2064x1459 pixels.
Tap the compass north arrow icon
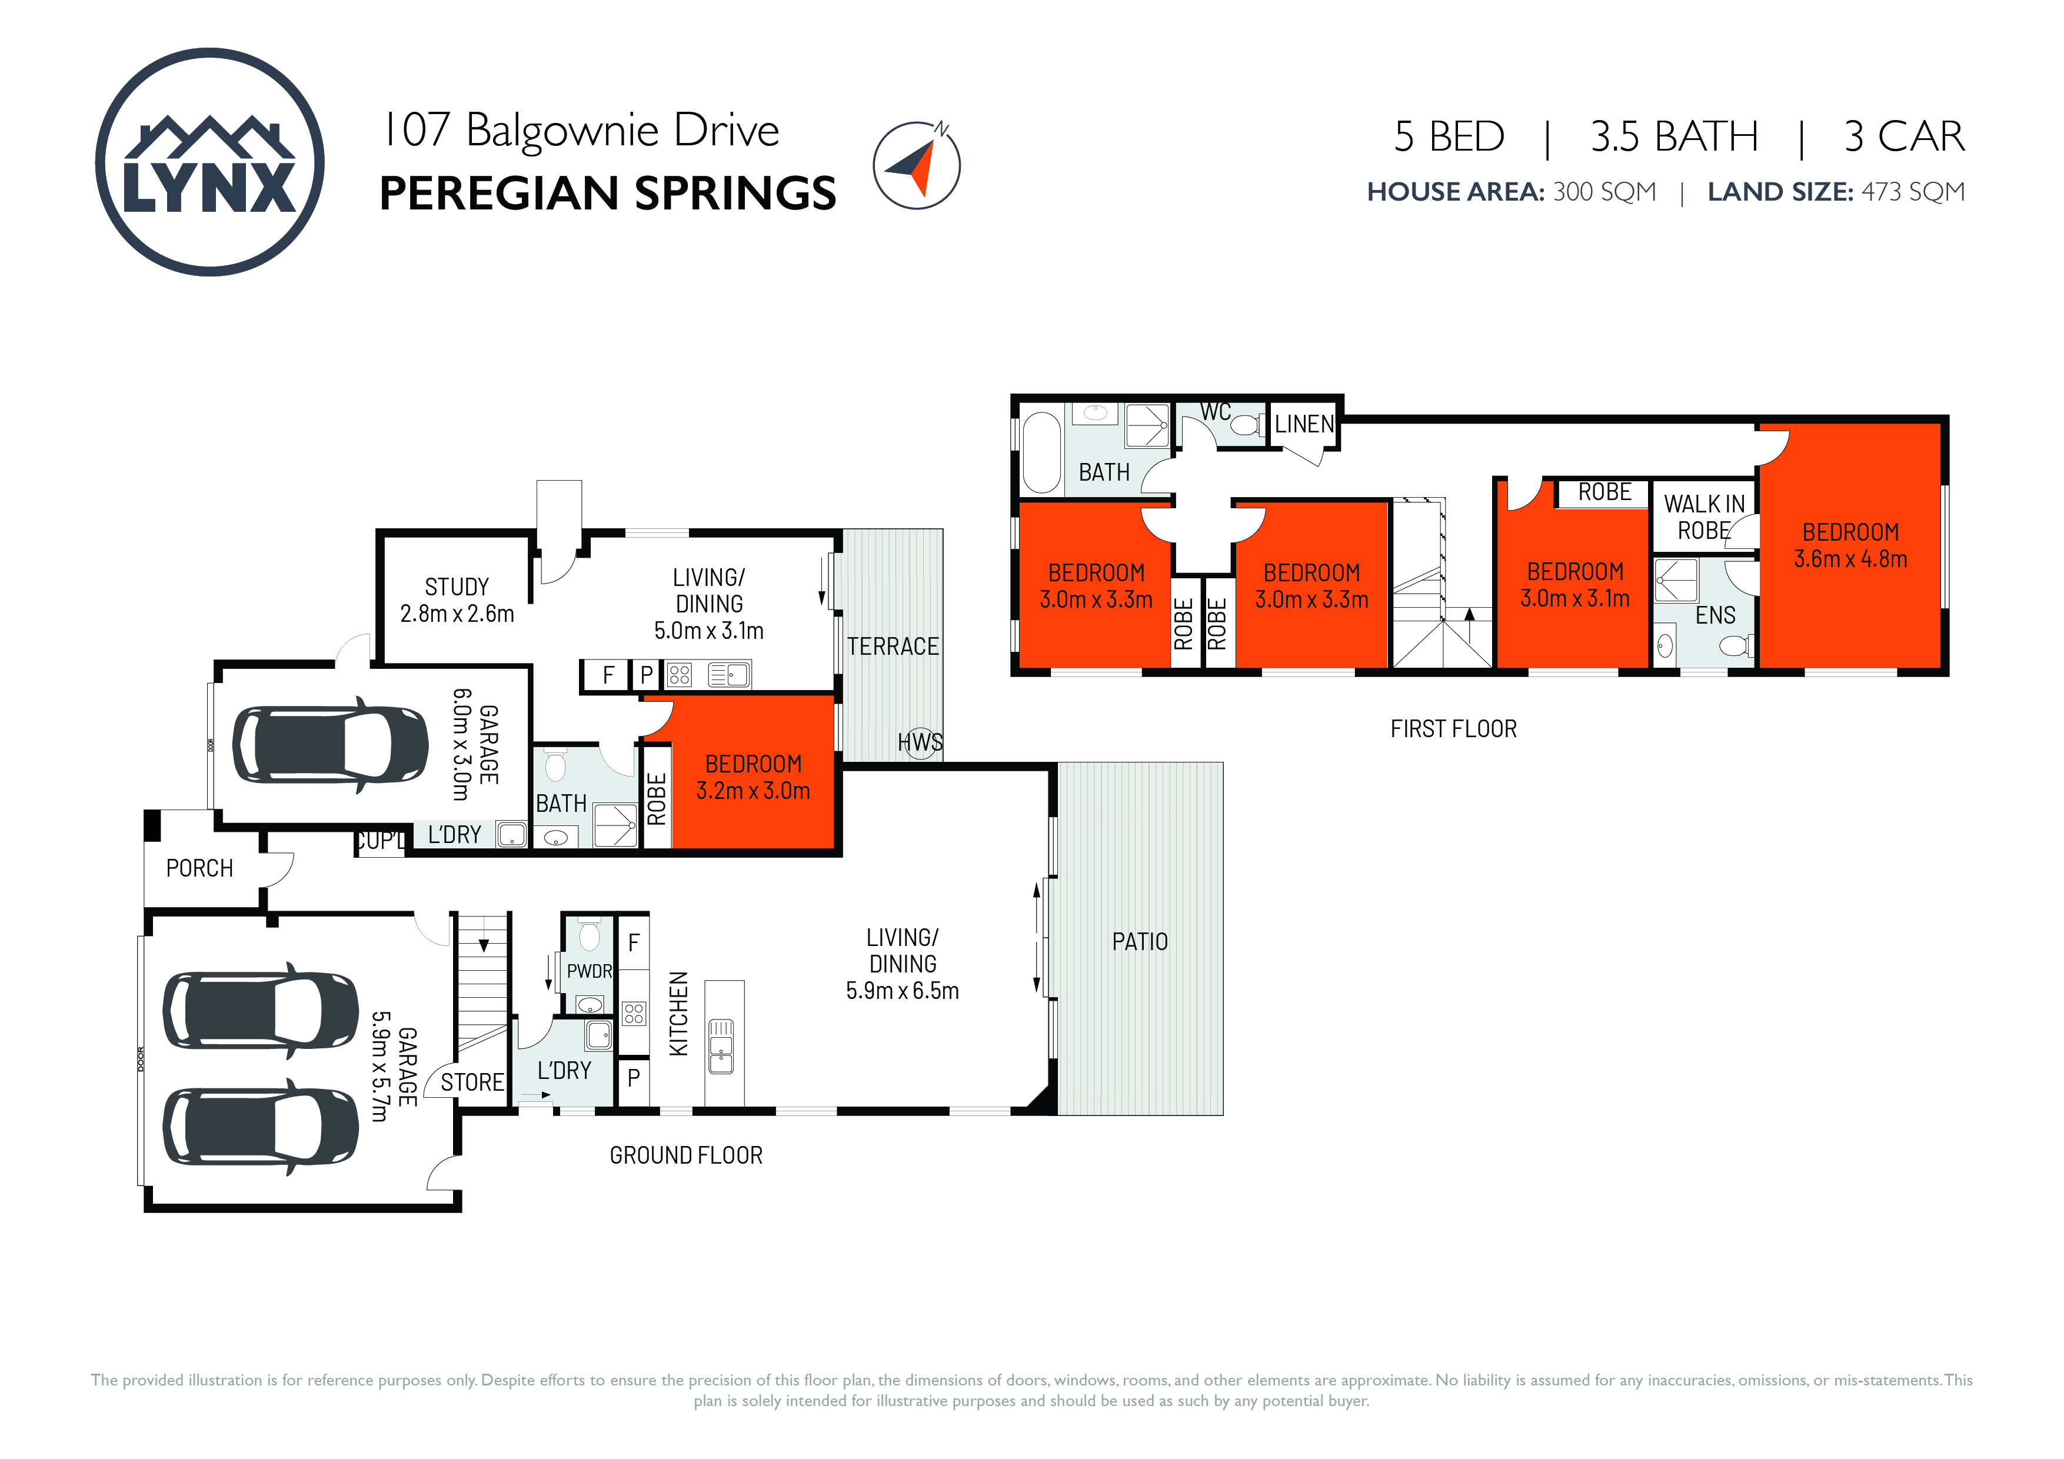pos(917,165)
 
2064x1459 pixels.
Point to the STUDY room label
pos(457,587)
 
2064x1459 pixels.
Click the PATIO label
pos(1140,942)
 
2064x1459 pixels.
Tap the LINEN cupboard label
pos(1304,424)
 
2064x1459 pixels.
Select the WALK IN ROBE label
pos(1705,517)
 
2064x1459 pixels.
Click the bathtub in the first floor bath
pos(1042,452)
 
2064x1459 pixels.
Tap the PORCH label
pos(199,868)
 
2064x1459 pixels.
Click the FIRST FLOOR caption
pos(1454,729)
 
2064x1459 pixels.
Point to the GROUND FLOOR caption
pos(686,1155)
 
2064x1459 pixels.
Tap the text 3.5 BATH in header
pos(1674,136)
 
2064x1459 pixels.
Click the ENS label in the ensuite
pos(1715,616)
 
